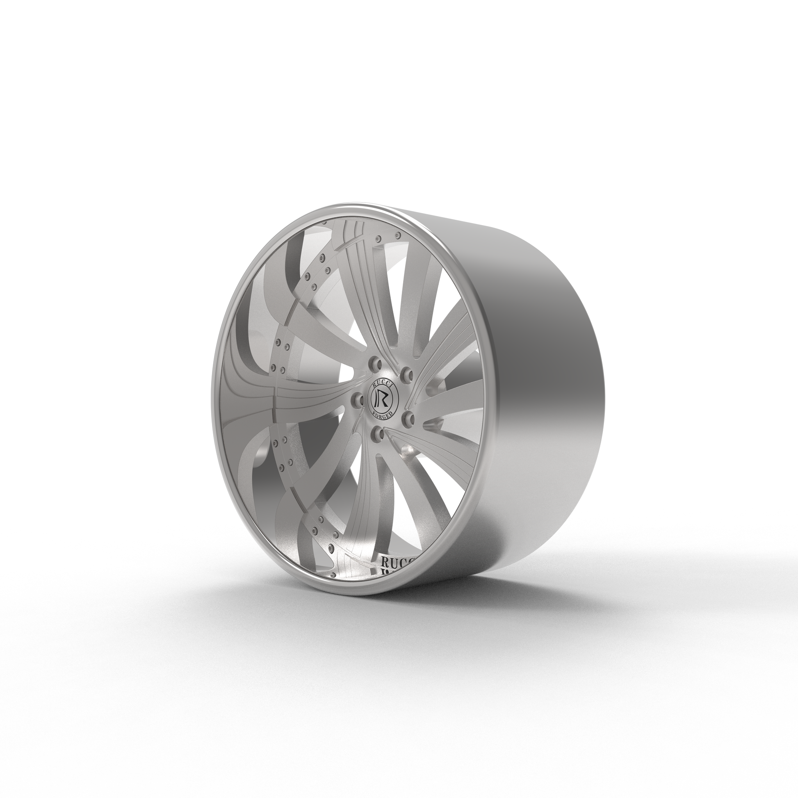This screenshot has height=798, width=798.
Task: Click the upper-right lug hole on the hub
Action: (407, 375)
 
